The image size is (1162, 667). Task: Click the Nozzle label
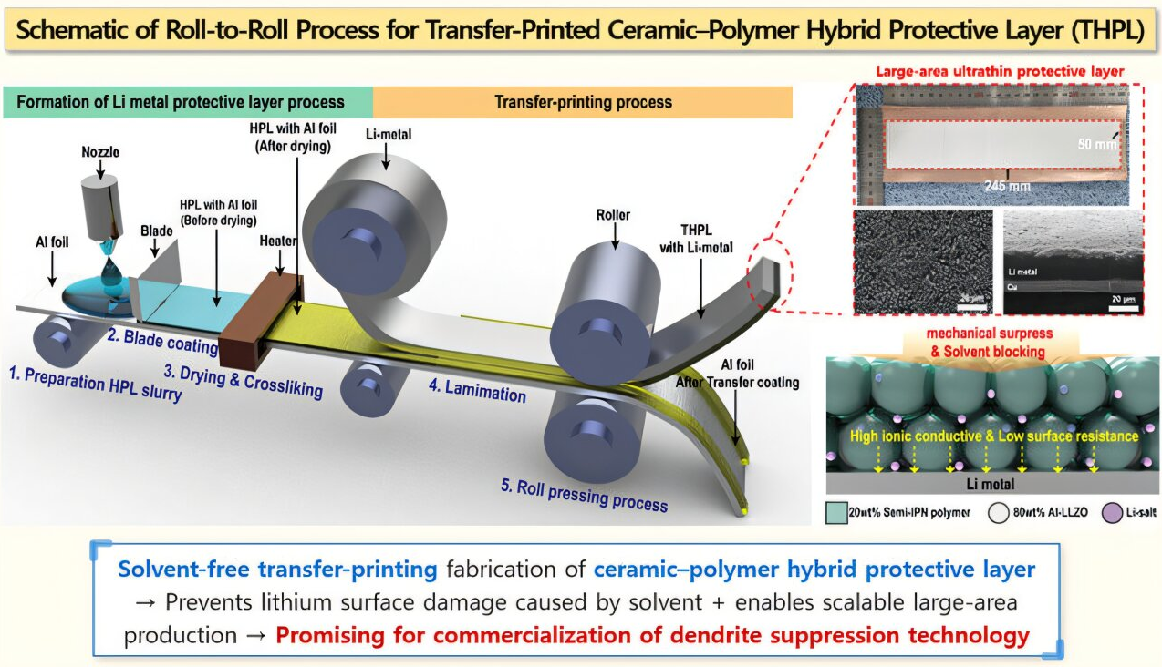[x=99, y=153]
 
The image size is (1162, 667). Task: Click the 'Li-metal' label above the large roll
[x=387, y=134]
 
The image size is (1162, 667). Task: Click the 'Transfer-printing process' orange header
[x=583, y=101]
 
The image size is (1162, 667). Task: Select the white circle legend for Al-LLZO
[x=998, y=512]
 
